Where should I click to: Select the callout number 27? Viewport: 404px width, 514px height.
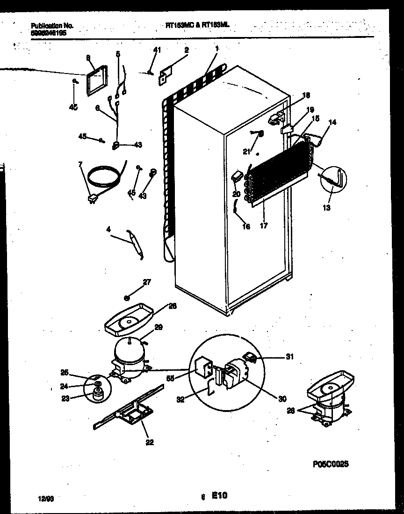coord(147,282)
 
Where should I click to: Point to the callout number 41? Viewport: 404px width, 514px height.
coord(157,49)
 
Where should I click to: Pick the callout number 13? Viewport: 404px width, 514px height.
coord(327,208)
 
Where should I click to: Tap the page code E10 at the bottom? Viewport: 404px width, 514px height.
coord(220,495)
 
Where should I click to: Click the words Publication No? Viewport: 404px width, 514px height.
coord(51,27)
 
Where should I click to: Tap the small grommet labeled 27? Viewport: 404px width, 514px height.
coord(127,297)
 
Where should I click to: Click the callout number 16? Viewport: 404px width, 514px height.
coord(246,227)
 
